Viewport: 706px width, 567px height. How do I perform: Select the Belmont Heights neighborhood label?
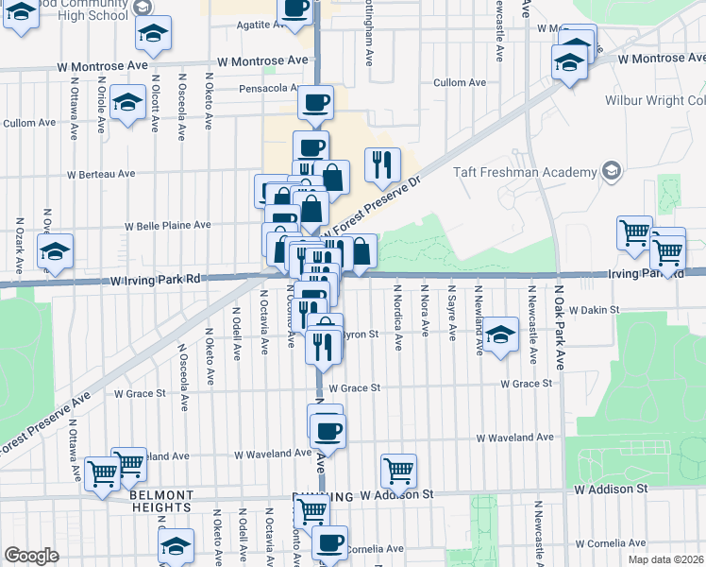(161, 501)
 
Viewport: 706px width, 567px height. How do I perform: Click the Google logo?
(31, 556)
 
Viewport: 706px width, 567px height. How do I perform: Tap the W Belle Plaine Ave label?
(169, 226)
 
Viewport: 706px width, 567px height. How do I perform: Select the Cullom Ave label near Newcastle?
(459, 83)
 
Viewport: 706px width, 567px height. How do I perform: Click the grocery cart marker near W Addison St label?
(399, 470)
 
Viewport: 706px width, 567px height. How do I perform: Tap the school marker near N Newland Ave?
(502, 333)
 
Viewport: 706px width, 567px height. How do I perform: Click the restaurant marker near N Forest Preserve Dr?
(382, 163)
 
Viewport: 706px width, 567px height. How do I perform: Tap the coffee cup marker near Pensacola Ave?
(315, 102)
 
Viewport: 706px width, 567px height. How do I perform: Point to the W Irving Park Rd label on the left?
(156, 280)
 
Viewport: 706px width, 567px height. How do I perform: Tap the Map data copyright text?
(664, 558)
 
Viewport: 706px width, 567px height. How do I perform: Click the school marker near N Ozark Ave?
(54, 251)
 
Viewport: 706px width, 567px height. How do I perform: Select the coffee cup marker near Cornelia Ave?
(329, 542)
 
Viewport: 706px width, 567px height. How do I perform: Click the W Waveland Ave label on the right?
(514, 438)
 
